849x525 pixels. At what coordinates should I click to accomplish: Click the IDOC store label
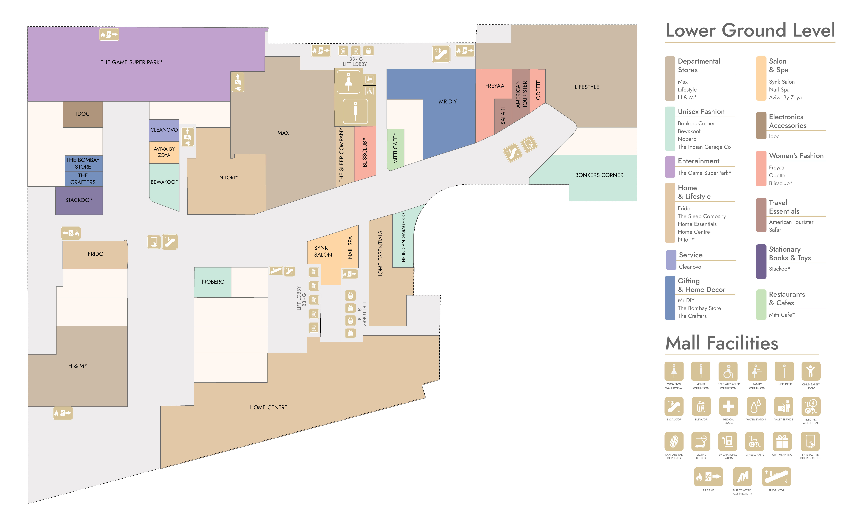(x=83, y=114)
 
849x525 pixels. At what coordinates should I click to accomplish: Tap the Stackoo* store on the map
(x=79, y=200)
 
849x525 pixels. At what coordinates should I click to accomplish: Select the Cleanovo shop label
(x=164, y=130)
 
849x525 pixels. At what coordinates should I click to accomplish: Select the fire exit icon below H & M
(x=63, y=413)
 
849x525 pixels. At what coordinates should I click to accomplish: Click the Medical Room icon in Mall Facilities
(x=728, y=406)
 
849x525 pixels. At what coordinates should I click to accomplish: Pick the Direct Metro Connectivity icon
(x=742, y=477)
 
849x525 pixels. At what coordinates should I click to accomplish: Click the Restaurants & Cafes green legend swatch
(x=761, y=304)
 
